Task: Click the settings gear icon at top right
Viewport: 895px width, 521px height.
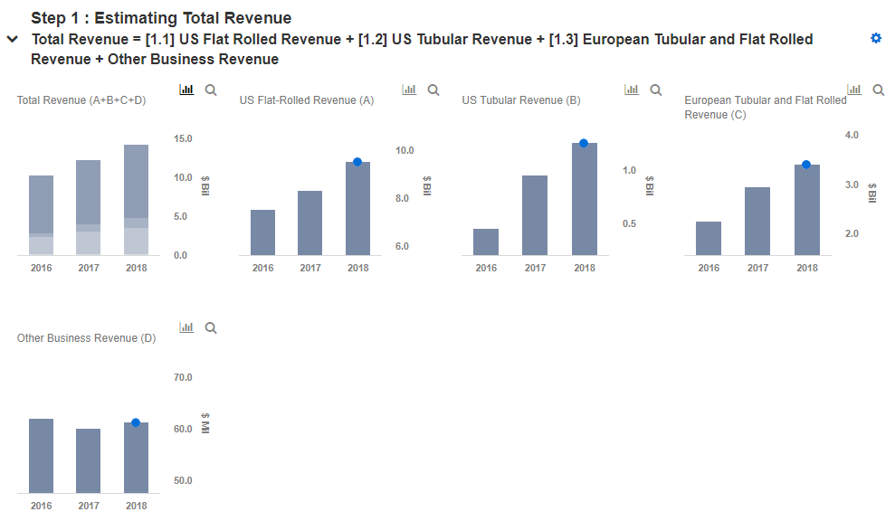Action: [x=875, y=38]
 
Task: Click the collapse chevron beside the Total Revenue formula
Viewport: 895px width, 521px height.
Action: [x=12, y=40]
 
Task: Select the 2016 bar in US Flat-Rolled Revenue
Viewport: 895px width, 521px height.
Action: [x=263, y=232]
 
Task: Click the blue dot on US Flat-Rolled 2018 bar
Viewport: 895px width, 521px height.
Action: [x=357, y=162]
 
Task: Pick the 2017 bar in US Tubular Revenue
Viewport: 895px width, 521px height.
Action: [x=535, y=215]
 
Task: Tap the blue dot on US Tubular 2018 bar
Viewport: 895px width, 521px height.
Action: [x=584, y=143]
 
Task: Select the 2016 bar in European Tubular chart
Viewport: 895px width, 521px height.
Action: [x=709, y=238]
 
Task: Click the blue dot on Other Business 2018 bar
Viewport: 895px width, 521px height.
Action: [x=136, y=422]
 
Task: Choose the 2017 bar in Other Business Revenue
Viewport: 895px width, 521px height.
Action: [x=89, y=460]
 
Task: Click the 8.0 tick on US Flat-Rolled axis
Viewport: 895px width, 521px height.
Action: [x=405, y=198]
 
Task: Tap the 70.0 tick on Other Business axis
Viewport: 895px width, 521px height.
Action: [x=183, y=377]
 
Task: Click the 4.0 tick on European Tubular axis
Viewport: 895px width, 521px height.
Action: [x=851, y=135]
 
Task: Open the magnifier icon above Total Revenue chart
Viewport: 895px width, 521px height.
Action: [x=211, y=90]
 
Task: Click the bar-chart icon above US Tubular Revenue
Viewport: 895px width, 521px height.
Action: [x=632, y=90]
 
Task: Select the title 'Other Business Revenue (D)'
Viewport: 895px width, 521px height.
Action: [x=86, y=338]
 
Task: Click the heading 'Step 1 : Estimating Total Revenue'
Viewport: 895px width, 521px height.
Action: [x=161, y=18]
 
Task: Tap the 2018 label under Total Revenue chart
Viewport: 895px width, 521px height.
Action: [x=136, y=268]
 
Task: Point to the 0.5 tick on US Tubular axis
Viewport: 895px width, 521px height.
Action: [x=628, y=223]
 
